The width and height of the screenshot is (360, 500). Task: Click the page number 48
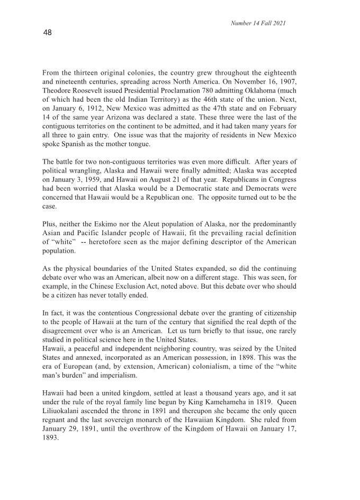coord(48,33)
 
